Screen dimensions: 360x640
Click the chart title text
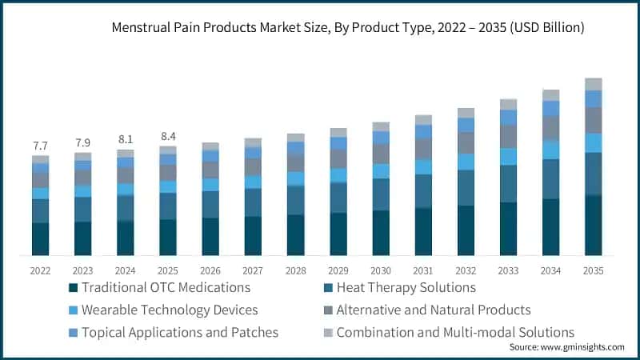(x=348, y=28)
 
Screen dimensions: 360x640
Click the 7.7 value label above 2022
(x=41, y=146)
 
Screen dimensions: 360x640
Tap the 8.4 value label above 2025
(x=168, y=135)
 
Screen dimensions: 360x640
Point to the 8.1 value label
(x=126, y=139)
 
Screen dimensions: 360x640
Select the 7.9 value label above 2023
(x=83, y=143)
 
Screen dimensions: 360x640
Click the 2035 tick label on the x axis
(x=593, y=270)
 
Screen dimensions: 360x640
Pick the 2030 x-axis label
(x=381, y=270)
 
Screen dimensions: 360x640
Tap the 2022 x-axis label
(x=41, y=270)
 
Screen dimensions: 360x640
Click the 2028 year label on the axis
(x=295, y=270)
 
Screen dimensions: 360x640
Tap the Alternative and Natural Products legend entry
(x=433, y=310)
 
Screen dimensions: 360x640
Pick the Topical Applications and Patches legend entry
(x=174, y=332)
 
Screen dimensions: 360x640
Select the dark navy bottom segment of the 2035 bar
(x=593, y=226)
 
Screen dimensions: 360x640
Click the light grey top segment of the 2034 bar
(x=550, y=95)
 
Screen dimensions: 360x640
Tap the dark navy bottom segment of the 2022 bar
(x=41, y=239)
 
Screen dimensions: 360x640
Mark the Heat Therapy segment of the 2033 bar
(x=508, y=184)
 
